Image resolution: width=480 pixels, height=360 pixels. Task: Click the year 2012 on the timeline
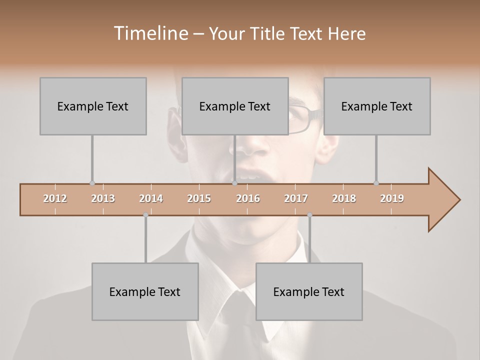(x=55, y=198)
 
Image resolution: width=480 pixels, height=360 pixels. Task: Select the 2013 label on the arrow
(x=103, y=198)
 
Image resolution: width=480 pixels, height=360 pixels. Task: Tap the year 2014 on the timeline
(x=151, y=198)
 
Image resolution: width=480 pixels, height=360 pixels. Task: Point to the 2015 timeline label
(x=199, y=198)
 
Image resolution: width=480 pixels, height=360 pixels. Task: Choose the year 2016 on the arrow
(x=248, y=198)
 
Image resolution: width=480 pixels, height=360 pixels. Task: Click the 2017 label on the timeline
(x=296, y=198)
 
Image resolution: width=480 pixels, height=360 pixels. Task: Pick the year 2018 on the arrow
(x=344, y=198)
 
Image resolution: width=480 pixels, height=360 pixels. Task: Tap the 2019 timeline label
(x=392, y=198)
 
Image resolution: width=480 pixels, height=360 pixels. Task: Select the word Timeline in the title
(x=149, y=33)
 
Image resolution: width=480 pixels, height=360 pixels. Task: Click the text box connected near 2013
(x=93, y=106)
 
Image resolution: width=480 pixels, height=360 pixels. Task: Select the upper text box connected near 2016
(x=235, y=106)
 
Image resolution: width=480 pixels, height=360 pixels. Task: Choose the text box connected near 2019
(x=377, y=106)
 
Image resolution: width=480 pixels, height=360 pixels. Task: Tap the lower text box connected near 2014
(x=145, y=292)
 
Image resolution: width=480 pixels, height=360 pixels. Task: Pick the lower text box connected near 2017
(x=309, y=292)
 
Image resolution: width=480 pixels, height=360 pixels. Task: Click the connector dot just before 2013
(x=92, y=183)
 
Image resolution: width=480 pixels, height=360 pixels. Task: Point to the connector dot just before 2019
(x=376, y=183)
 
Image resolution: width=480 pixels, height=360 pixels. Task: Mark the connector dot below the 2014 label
(x=145, y=215)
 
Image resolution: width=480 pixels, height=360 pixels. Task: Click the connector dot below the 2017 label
(x=309, y=215)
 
